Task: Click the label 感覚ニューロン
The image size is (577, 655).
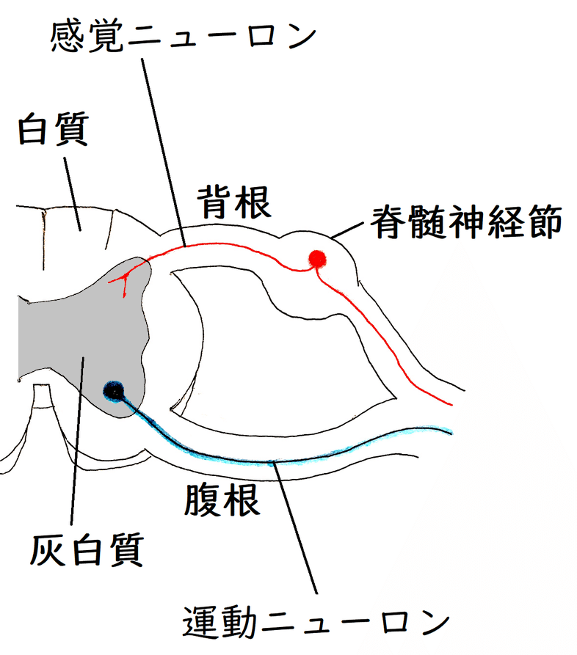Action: click(184, 37)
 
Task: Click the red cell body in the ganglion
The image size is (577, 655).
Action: click(317, 258)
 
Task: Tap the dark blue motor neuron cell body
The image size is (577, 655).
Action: click(114, 391)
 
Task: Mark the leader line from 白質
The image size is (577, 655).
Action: click(73, 187)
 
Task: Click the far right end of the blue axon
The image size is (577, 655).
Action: click(450, 430)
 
